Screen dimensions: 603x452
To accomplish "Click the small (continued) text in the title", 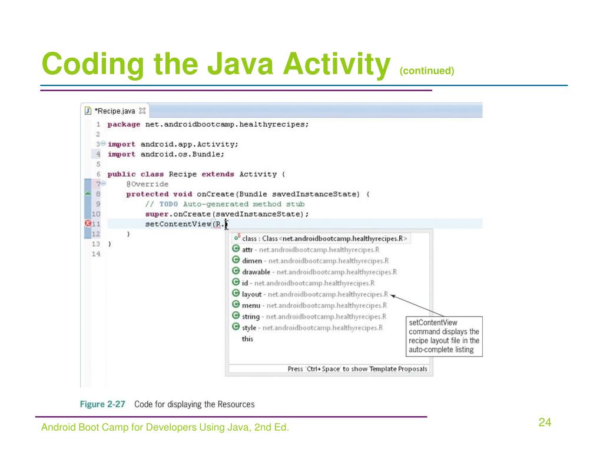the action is (x=427, y=71).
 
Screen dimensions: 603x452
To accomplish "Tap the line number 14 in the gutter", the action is (x=96, y=254).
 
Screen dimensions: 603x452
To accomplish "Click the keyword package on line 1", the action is (x=124, y=124).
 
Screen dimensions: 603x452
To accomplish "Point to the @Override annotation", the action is (x=147, y=184).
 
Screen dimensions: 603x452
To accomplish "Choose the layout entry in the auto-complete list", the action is (x=252, y=294).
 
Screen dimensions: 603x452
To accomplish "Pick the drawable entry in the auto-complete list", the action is (x=256, y=271).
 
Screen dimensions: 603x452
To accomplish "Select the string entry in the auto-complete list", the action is (x=251, y=316).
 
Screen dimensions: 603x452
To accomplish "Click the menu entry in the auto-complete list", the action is (x=251, y=305).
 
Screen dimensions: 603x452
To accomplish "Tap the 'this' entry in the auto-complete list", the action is (x=247, y=339).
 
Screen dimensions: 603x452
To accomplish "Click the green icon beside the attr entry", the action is (x=236, y=249).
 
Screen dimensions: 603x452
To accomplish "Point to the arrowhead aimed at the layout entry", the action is (x=393, y=295).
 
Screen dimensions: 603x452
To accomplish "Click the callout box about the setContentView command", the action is (x=445, y=336).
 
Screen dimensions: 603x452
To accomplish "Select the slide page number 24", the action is (x=544, y=422).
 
